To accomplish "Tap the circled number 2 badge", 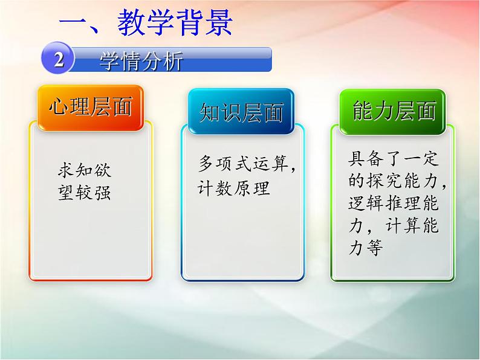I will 58,60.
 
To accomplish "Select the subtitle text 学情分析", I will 141,60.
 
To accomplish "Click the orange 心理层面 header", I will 90,108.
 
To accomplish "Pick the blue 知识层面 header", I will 241,111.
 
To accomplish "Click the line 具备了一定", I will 394,159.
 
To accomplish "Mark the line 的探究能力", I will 397,181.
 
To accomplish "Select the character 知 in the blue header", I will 210,111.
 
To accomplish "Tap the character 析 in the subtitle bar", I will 171,60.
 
